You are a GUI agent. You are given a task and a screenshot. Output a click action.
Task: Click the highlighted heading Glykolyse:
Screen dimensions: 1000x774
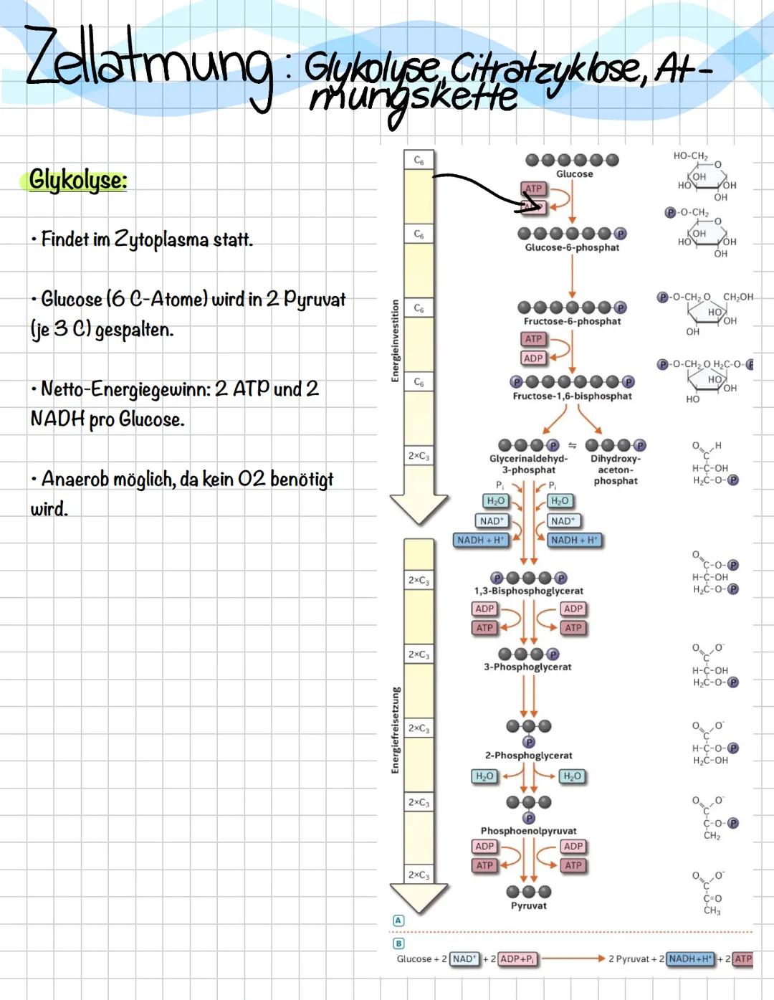(78, 180)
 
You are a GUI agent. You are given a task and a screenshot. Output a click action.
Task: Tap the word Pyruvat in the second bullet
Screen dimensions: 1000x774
(315, 299)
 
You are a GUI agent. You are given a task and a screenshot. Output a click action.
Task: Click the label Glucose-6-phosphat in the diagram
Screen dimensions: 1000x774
(572, 247)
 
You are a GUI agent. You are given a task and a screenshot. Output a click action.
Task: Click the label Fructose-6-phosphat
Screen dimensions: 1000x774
(572, 321)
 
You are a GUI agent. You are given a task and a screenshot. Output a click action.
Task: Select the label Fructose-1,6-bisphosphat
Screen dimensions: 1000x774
(572, 396)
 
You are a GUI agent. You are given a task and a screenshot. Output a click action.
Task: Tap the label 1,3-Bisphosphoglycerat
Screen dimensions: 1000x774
(528, 591)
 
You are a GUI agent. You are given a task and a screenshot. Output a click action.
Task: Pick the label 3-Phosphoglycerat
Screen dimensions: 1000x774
(527, 667)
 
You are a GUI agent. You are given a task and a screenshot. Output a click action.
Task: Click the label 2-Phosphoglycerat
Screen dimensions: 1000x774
(528, 756)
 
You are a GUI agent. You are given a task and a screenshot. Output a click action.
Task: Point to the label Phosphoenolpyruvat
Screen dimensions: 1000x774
(528, 831)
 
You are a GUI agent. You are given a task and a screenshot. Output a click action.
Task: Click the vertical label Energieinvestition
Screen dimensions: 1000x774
(395, 341)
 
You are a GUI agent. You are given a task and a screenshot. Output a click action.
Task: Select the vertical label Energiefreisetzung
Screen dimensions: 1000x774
(395, 730)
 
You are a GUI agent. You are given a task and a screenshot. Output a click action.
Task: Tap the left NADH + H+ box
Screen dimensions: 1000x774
(481, 540)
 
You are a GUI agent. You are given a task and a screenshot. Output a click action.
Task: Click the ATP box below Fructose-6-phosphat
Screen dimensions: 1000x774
(533, 338)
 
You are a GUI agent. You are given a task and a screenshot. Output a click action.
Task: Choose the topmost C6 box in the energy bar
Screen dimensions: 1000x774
(419, 161)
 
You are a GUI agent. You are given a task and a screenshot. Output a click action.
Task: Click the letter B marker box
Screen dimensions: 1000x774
(398, 943)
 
